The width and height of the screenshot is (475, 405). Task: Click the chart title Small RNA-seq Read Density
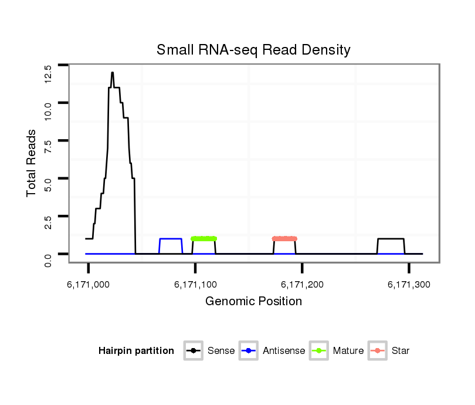[253, 50]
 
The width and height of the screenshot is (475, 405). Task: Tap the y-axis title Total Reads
[32, 163]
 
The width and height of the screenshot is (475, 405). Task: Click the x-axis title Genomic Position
[253, 302]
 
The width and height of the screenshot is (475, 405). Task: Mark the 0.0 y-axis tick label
[48, 258]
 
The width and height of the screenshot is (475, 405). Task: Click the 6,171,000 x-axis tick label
[89, 285]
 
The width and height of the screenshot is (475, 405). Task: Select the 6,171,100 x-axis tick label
[195, 285]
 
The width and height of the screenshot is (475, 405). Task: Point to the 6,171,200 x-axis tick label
[303, 285]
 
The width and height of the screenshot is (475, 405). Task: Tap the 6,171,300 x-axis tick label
[409, 285]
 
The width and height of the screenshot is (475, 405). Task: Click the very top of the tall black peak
[112, 73]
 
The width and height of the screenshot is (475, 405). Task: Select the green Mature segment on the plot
[203, 238]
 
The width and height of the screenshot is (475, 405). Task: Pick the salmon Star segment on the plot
[284, 238]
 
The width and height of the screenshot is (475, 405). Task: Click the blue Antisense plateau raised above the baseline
[171, 238]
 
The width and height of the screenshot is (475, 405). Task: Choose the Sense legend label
[221, 351]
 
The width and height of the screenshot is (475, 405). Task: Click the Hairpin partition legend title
[136, 351]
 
